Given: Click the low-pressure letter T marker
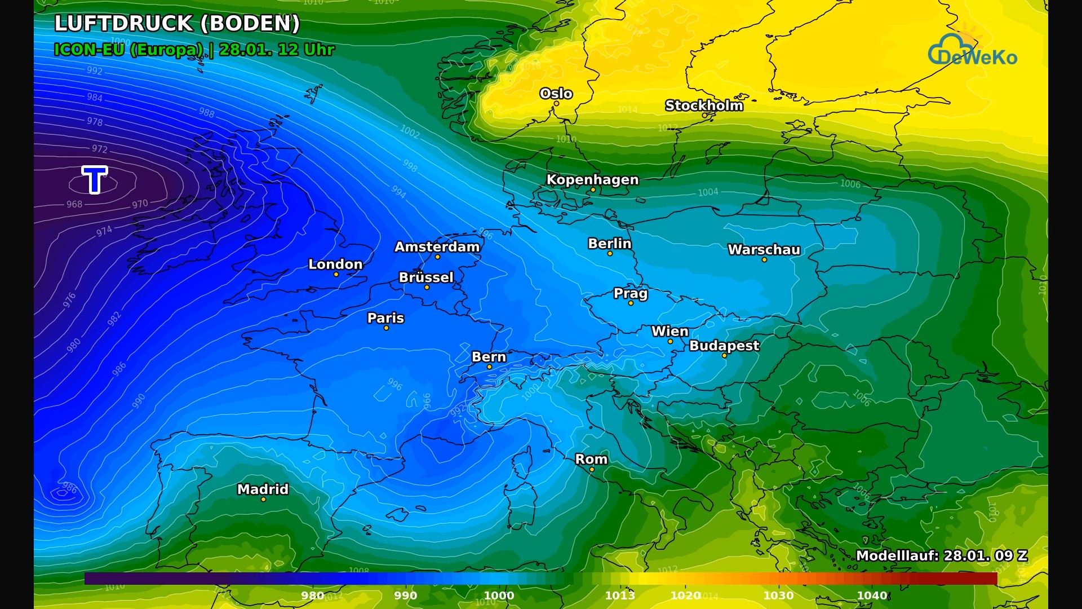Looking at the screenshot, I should tap(95, 180).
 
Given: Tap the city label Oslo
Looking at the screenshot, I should tap(556, 94).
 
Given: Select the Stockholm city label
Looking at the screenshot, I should tap(704, 105).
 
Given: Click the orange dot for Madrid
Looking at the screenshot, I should tap(263, 500).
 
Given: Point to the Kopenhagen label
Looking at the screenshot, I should tap(592, 179).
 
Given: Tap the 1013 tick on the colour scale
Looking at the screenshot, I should tap(620, 595).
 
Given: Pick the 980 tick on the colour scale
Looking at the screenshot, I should tap(312, 595).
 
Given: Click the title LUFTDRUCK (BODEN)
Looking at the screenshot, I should tap(177, 24).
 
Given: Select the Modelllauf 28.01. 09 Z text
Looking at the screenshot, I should tap(941, 555).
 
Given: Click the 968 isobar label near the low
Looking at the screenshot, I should tap(74, 204).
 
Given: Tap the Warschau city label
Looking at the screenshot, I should tap(764, 250).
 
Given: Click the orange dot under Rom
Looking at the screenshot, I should tap(592, 470).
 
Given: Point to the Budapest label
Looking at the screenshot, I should tap(724, 346).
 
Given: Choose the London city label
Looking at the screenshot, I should tap(335, 264).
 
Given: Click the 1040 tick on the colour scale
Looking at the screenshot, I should tap(872, 595).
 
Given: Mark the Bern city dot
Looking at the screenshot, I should tap(489, 367).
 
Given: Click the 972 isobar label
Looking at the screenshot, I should tap(100, 149).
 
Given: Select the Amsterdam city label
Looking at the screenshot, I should tap(437, 247).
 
